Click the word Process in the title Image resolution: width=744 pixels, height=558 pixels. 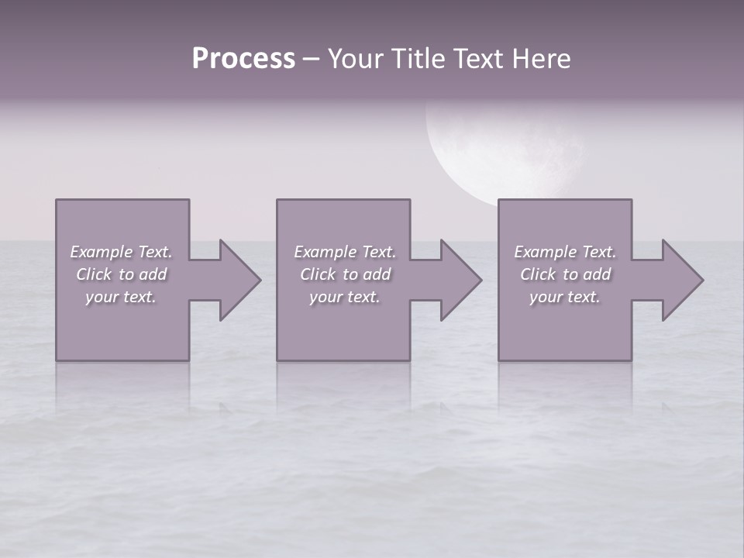point(243,59)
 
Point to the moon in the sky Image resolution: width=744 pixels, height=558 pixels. point(504,151)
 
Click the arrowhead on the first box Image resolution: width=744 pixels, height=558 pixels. point(236,280)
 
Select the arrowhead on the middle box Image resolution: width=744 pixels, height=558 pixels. point(458,280)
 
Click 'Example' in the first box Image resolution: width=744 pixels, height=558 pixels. point(101,252)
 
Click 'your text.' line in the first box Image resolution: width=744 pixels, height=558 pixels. point(122,297)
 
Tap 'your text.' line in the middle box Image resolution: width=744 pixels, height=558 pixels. point(345,297)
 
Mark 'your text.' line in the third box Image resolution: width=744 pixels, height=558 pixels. point(565,297)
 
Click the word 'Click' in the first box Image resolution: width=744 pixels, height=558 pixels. point(94,274)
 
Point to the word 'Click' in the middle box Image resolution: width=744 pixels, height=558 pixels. point(318,274)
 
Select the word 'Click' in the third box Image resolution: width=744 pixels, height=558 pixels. point(538,274)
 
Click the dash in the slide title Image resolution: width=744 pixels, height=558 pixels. point(311,59)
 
